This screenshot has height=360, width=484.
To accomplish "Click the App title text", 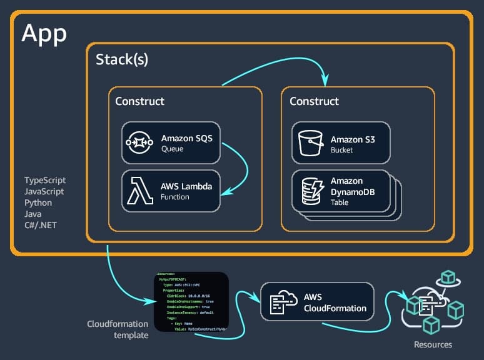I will coord(44,33).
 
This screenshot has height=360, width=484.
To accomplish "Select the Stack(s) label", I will coord(122,59).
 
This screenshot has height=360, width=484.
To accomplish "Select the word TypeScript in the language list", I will coord(44,181).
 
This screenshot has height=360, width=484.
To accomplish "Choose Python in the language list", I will coord(38,203).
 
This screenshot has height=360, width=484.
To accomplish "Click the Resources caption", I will coord(433,344).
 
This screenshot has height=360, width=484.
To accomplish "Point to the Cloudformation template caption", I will coord(118,329).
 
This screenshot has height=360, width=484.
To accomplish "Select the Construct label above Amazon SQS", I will coord(140,101).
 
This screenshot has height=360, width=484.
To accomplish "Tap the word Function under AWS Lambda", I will coord(175,197).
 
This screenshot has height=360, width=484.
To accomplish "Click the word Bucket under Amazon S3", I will coord(342,150).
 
